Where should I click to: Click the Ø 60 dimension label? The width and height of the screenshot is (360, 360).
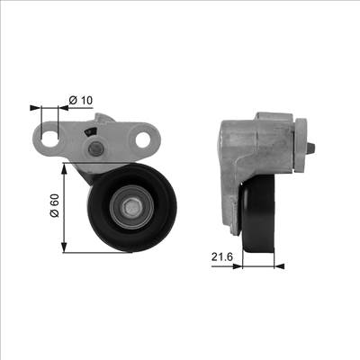pyautogui.click(x=55, y=210)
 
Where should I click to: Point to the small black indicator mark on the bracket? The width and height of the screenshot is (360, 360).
pyautogui.click(x=89, y=132)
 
